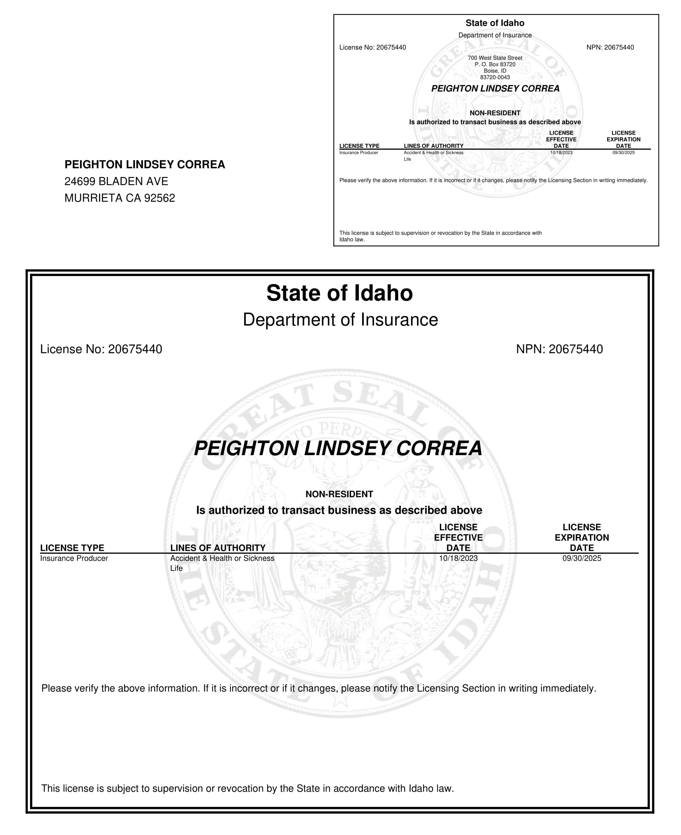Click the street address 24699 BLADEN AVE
[116, 182]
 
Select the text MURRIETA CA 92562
[120, 198]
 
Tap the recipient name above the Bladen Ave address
[145, 165]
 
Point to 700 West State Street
[495, 58]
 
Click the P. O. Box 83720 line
[495, 65]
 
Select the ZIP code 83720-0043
[495, 77]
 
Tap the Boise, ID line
[495, 71]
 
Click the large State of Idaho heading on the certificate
[339, 293]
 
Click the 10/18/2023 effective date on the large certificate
[458, 558]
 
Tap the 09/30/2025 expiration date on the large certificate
[582, 558]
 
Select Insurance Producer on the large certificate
[74, 558]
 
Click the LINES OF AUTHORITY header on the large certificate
[218, 548]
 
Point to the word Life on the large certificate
[176, 568]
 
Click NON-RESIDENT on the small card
[495, 113]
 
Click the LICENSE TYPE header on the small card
[359, 146]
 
